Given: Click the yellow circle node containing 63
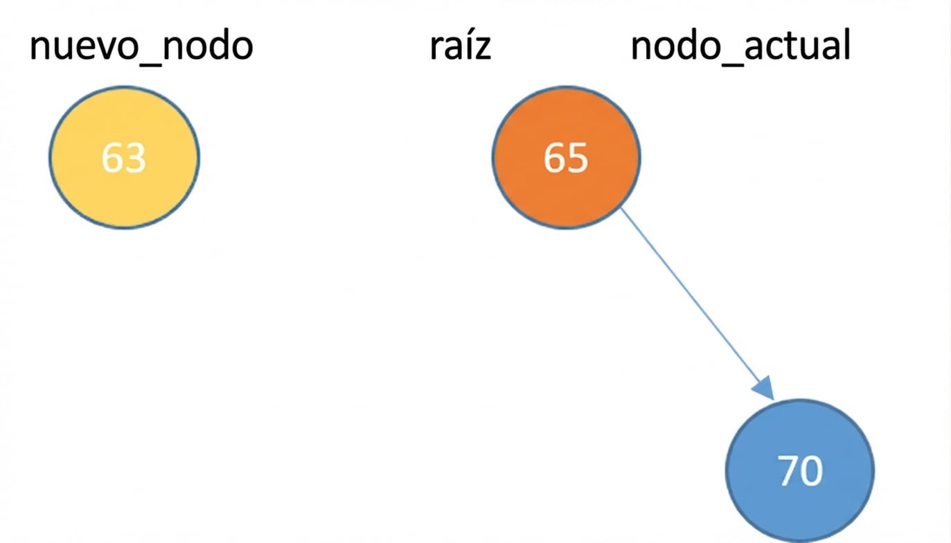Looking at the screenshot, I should (x=124, y=157).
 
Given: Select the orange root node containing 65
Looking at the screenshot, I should (x=566, y=157).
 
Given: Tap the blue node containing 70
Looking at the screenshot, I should (x=800, y=470).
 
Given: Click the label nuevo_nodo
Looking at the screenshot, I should (x=141, y=47).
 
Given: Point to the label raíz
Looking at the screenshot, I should (x=460, y=47).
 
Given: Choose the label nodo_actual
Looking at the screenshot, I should (x=740, y=47).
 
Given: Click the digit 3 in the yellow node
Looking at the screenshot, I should (x=135, y=158).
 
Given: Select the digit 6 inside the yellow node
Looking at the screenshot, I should (x=113, y=158).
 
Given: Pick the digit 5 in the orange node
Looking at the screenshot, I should (x=578, y=158).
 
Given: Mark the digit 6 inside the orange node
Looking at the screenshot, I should (x=555, y=158).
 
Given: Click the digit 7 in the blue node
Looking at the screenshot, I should (x=788, y=471).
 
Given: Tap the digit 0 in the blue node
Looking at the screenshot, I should (x=812, y=471).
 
